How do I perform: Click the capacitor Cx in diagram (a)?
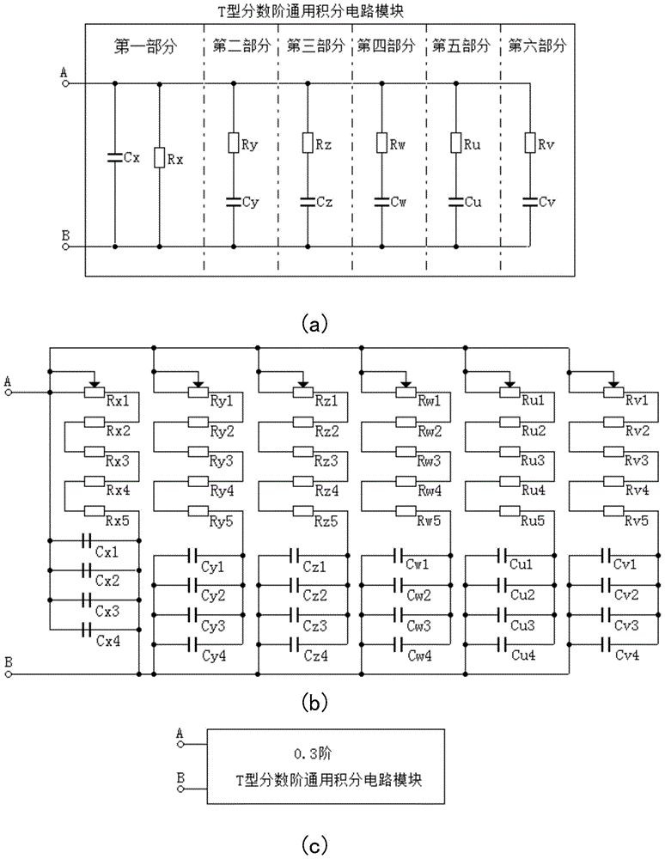coord(114,157)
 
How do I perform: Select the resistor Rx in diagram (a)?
coord(160,157)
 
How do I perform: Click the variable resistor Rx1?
coord(95,393)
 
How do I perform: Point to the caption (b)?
coord(311,704)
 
